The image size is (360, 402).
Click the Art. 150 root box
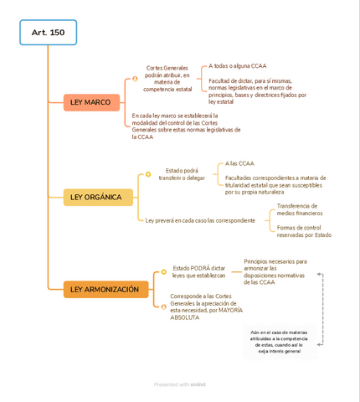48,33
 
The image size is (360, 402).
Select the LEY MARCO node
91,102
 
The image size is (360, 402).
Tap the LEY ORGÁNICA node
97,198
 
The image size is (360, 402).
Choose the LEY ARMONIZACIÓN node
105,289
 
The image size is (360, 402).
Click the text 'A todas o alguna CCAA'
238,65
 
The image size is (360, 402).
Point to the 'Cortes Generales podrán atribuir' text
167,78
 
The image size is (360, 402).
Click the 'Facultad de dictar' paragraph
257,90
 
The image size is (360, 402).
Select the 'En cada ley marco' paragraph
186,126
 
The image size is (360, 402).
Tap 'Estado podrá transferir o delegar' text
182,174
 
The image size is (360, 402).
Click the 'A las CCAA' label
239,163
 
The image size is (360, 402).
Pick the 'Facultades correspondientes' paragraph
275,184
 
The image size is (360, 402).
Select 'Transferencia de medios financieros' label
299,209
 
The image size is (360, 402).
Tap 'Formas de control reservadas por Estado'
303,231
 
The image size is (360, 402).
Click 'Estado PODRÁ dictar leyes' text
198,271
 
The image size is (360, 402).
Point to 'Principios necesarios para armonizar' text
275,271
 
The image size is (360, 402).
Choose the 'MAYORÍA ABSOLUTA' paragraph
206,307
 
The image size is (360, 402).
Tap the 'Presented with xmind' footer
179,384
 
